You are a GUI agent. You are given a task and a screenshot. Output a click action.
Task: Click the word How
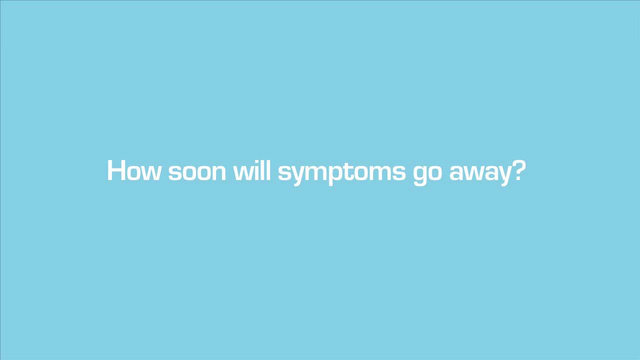tap(133, 170)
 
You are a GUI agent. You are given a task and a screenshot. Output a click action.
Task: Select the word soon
tap(197, 173)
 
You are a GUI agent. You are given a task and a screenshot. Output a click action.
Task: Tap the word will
tap(252, 170)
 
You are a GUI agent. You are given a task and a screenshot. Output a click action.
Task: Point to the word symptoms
tap(341, 173)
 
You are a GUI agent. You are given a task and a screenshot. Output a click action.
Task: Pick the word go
tap(427, 175)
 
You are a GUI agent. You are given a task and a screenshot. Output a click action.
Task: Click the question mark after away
tap(517, 170)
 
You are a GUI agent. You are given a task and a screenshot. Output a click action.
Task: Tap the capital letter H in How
tap(116, 170)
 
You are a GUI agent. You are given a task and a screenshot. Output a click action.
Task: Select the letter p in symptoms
tap(336, 175)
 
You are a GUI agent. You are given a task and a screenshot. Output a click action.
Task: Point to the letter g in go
tap(420, 175)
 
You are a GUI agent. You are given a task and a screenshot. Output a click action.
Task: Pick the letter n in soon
tap(219, 173)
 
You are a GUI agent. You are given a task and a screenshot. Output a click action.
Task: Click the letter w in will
tap(243, 173)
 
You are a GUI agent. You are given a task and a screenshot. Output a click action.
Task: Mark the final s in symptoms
tap(398, 173)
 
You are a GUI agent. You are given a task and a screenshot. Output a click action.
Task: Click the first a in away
tap(456, 173)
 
